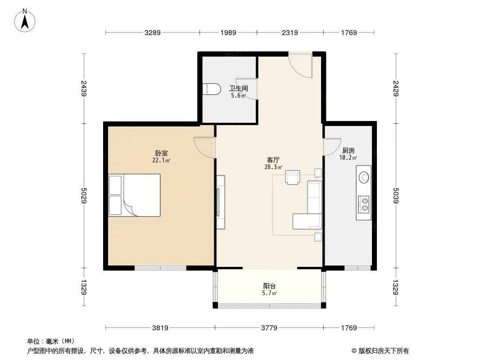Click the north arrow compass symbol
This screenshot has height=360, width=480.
25,21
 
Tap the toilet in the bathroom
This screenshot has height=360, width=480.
212,89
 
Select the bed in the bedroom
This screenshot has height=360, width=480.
134,195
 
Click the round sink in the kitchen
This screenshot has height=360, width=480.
364,177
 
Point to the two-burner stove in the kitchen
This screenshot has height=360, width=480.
364,205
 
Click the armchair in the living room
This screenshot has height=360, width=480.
292,177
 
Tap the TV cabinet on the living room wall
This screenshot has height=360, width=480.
220,202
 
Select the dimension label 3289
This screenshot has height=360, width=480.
153,32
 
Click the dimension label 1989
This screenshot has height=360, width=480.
228,32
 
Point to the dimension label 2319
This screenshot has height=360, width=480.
290,32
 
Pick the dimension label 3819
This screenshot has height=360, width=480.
160,328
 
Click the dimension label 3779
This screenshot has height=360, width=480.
269,328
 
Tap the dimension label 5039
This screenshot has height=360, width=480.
396,195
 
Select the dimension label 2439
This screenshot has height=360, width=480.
84,88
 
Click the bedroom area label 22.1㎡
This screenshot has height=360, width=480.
161,160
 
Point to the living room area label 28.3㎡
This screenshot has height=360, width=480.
273,167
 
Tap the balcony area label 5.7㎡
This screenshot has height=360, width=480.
269,293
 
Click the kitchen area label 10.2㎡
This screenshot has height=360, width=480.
348,157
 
